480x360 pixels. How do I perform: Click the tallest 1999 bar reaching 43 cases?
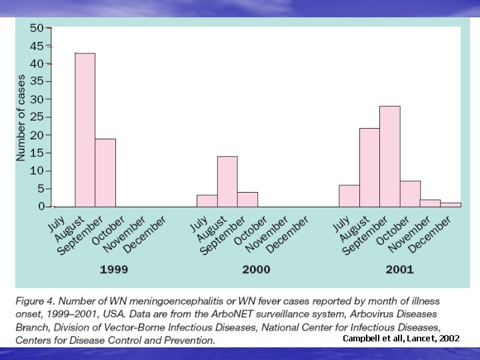(x=85, y=130)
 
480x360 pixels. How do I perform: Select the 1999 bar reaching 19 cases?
(x=105, y=173)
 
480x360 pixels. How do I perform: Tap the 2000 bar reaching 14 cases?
(x=227, y=181)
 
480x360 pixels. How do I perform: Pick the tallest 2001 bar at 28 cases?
(x=390, y=157)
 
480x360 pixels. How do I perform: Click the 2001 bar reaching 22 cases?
(x=369, y=167)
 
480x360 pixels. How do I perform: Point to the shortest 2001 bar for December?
(x=451, y=205)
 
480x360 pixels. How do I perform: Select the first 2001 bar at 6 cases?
(x=349, y=196)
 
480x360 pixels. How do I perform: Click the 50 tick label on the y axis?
(x=37, y=28)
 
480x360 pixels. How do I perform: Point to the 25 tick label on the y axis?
(x=37, y=117)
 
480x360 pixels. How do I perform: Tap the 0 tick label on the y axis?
(x=41, y=207)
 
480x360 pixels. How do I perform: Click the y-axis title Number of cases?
(x=21, y=117)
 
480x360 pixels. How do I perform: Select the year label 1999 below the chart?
(x=114, y=270)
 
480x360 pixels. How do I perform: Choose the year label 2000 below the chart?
(x=256, y=270)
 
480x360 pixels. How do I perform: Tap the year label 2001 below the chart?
(x=399, y=270)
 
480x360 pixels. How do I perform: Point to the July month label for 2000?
(x=199, y=222)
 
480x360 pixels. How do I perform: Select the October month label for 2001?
(x=391, y=230)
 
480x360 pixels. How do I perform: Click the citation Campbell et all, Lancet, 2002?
(x=401, y=339)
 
